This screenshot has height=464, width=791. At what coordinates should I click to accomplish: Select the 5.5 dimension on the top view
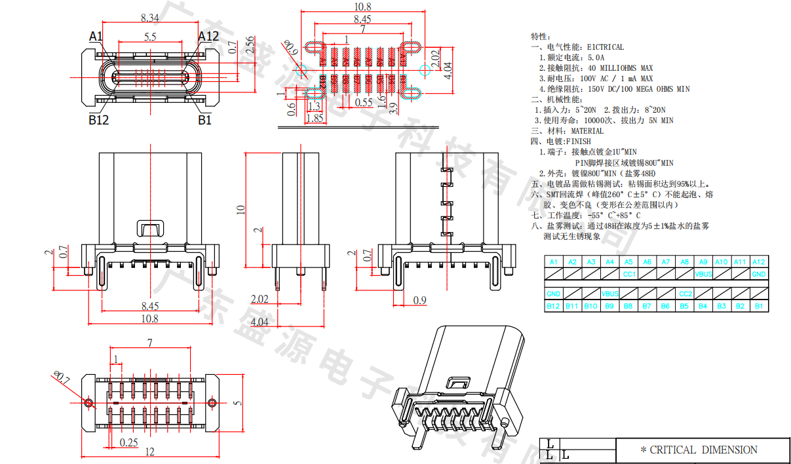click(150, 37)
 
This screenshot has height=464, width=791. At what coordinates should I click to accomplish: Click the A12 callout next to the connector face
click(208, 36)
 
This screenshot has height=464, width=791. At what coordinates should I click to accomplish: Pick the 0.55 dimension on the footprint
click(364, 102)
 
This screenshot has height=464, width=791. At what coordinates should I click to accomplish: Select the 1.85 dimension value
click(315, 118)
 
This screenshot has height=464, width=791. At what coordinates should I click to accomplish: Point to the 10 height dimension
click(241, 210)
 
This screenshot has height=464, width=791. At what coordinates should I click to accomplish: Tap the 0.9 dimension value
click(420, 300)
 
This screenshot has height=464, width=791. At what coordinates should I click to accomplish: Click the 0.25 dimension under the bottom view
click(129, 442)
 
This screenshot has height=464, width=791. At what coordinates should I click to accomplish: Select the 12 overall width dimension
click(150, 452)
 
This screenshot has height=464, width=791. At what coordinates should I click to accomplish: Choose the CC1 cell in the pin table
click(629, 273)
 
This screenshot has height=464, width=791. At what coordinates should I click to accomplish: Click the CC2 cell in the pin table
click(685, 294)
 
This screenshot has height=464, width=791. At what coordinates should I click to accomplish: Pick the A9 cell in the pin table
click(703, 262)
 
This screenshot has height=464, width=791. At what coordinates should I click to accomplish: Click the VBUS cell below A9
click(703, 273)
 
